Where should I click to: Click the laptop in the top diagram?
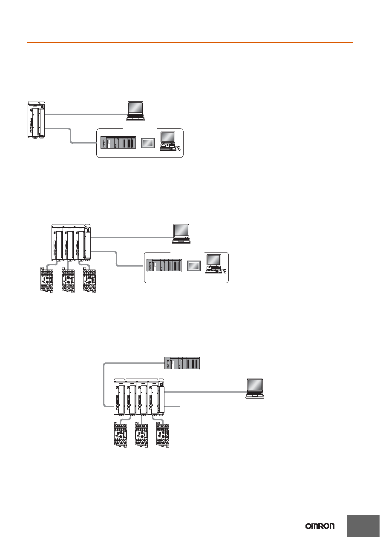135,111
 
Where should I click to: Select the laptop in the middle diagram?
181,234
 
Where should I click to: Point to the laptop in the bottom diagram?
255,389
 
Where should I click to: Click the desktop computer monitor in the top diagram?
168,138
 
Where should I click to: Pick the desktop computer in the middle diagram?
216,264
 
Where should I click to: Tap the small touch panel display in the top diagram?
147,143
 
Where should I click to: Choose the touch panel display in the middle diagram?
193,266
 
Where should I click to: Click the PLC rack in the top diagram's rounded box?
118,142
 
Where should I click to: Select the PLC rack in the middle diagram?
164,265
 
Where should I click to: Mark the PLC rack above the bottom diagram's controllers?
182,363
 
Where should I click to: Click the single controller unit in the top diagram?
36,120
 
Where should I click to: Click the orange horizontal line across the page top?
190,43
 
